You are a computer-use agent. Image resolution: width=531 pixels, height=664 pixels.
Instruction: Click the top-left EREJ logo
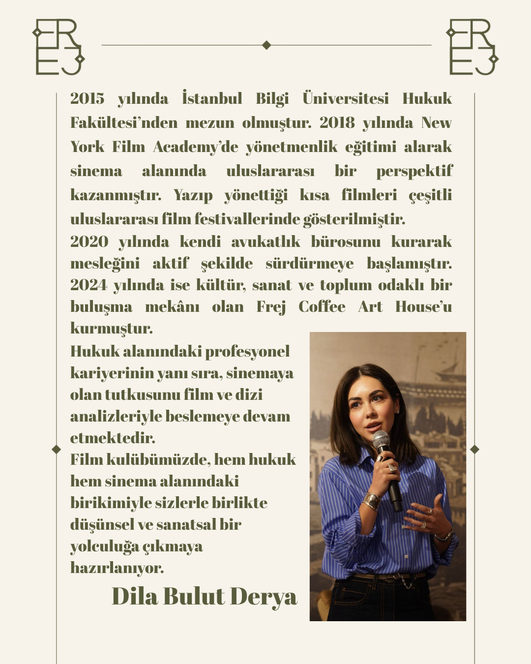click(59, 47)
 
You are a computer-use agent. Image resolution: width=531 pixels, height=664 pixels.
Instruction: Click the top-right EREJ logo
click(472, 47)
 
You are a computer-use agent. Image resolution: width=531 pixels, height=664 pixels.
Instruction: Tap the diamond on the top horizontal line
click(266, 45)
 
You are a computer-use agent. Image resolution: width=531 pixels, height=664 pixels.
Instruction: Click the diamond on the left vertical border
click(57, 449)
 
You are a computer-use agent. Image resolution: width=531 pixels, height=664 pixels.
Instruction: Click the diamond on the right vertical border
click(474, 449)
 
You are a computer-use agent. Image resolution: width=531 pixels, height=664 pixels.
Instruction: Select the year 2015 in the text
click(87, 98)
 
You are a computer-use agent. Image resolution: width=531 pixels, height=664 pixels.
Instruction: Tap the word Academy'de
click(196, 147)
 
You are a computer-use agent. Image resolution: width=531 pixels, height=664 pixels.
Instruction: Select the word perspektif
click(414, 171)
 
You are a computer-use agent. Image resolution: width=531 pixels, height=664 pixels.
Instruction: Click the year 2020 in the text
click(89, 241)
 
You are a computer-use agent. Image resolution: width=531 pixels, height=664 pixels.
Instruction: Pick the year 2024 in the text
click(88, 285)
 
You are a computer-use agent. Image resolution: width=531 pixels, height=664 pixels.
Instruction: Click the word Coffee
click(322, 306)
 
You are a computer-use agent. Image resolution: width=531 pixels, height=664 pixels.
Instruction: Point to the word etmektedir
click(113, 438)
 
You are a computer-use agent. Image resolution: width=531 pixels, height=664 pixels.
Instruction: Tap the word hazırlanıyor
click(117, 568)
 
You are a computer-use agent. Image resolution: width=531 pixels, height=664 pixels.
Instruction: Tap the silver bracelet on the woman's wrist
click(372, 501)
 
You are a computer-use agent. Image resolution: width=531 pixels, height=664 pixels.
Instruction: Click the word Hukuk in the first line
click(427, 98)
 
